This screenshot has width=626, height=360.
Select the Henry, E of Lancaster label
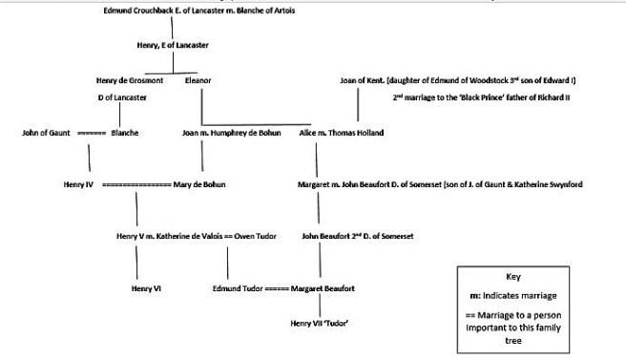(173, 45)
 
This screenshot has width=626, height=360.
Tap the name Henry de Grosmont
(130, 81)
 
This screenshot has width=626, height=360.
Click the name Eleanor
(198, 81)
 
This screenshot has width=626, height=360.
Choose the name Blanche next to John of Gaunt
(124, 133)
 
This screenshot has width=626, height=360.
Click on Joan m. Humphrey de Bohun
(231, 133)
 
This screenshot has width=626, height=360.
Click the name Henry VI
(145, 287)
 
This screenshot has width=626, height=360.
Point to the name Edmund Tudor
(237, 287)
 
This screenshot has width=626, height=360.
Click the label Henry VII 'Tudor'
(319, 323)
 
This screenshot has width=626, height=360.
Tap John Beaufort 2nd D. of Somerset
(357, 235)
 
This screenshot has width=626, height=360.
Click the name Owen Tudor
(255, 235)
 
